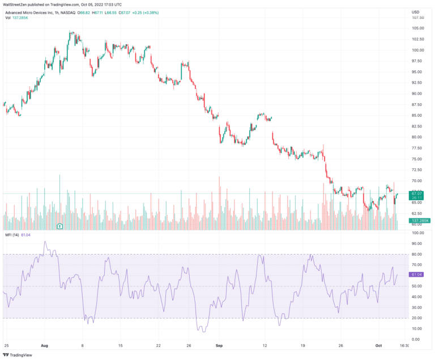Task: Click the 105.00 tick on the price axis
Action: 418,28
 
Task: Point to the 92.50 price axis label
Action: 417,82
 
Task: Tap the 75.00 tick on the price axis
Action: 417,159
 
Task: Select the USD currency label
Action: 415,12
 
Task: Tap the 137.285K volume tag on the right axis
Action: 420,220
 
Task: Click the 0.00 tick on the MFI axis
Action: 415,339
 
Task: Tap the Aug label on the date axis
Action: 45,345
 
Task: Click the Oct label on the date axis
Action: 380,345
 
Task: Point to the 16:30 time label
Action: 406,345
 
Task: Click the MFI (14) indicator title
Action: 11,234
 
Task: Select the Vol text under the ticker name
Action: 7,18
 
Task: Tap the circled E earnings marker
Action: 59,226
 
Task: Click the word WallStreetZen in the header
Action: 18,5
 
